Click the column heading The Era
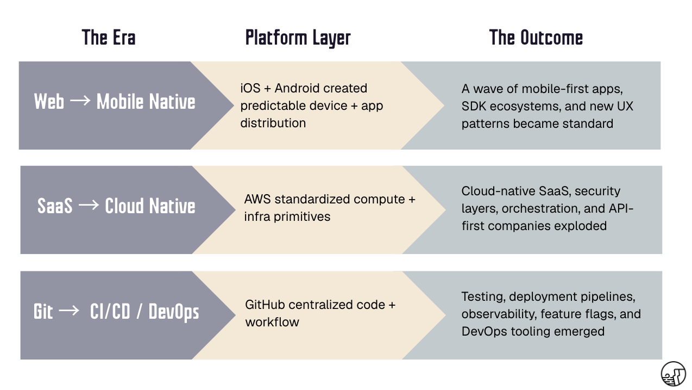click(109, 38)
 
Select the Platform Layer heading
click(298, 38)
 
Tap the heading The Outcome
click(536, 38)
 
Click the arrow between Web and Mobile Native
click(80, 102)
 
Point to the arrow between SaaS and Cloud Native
click(89, 206)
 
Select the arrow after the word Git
click(68, 312)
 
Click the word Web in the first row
click(49, 102)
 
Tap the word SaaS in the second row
click(55, 206)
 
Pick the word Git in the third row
click(43, 312)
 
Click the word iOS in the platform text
click(250, 88)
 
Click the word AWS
click(257, 199)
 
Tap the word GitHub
click(265, 305)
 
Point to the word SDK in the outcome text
click(473, 106)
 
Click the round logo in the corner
click(673, 374)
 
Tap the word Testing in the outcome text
click(481, 296)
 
